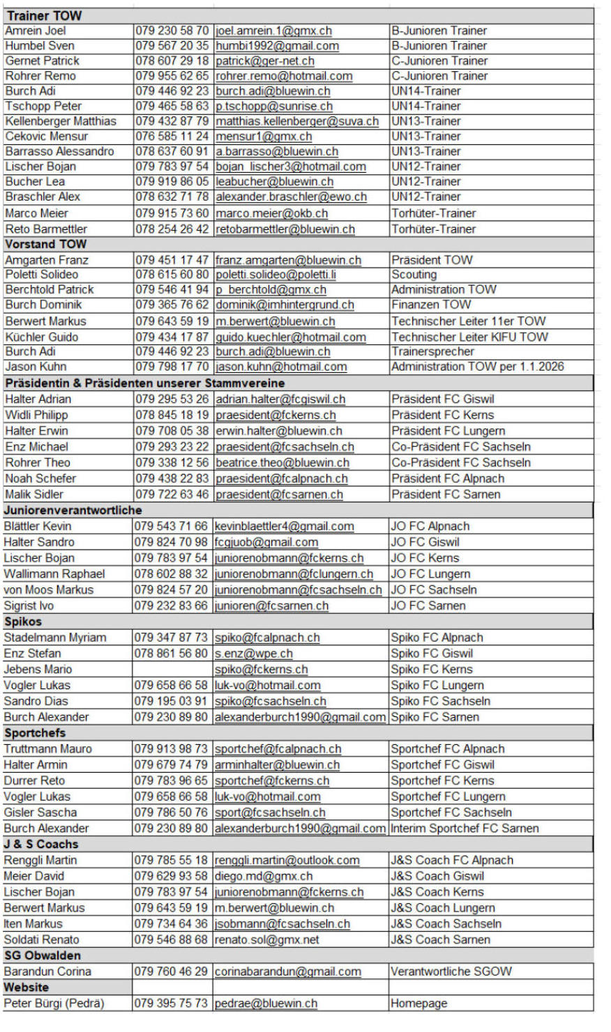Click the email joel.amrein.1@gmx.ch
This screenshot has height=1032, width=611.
[x=273, y=31]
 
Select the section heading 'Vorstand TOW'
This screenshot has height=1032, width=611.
[x=46, y=245]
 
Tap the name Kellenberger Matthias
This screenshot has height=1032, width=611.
[x=61, y=121]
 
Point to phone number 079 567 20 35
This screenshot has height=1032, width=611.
[x=172, y=46]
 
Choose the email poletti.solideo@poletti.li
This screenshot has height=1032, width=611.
[x=276, y=275]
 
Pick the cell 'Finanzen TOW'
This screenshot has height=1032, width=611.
[x=431, y=305]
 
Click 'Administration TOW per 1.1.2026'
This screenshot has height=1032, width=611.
[x=478, y=367]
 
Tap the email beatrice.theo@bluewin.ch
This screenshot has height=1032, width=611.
[x=282, y=463]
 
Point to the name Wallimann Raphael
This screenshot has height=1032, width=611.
[x=54, y=574]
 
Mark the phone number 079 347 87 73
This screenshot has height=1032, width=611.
[x=172, y=638]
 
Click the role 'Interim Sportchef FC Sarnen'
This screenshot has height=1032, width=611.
[x=465, y=829]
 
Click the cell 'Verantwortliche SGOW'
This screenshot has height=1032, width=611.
[x=451, y=971]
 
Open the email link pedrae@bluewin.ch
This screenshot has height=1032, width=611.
[x=266, y=1003]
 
